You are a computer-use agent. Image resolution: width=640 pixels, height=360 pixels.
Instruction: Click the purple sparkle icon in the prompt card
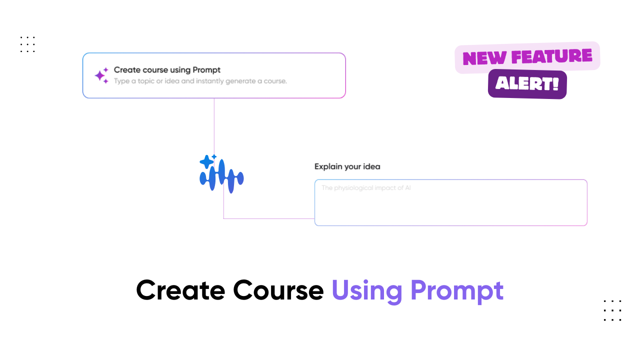pos(101,75)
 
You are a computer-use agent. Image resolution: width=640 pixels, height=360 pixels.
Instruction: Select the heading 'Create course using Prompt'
pos(167,70)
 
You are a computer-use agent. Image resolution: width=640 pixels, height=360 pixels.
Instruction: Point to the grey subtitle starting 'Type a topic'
pos(200,81)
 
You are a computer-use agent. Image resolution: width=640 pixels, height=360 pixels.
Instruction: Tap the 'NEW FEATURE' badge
pos(527,57)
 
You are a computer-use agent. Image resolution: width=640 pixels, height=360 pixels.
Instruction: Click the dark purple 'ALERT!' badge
pos(527,84)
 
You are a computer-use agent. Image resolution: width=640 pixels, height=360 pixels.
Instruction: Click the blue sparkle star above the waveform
pos(206,161)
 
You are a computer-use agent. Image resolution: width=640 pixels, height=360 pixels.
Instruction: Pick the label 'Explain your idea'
pos(347,166)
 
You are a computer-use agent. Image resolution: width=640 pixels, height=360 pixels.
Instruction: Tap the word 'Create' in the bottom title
pos(180,290)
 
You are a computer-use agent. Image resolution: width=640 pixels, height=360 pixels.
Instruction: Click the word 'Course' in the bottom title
pos(278,290)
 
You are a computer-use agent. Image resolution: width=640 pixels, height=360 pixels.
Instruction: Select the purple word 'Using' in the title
pos(367,291)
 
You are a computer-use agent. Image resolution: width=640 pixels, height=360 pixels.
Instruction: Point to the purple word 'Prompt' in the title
pos(457,291)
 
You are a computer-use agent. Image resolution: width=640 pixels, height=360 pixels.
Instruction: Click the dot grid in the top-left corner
pos(27,44)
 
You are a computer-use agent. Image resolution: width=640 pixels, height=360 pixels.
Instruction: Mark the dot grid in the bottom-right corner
pos(612,310)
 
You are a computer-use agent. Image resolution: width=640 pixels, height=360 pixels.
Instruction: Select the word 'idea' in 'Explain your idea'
pos(371,166)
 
